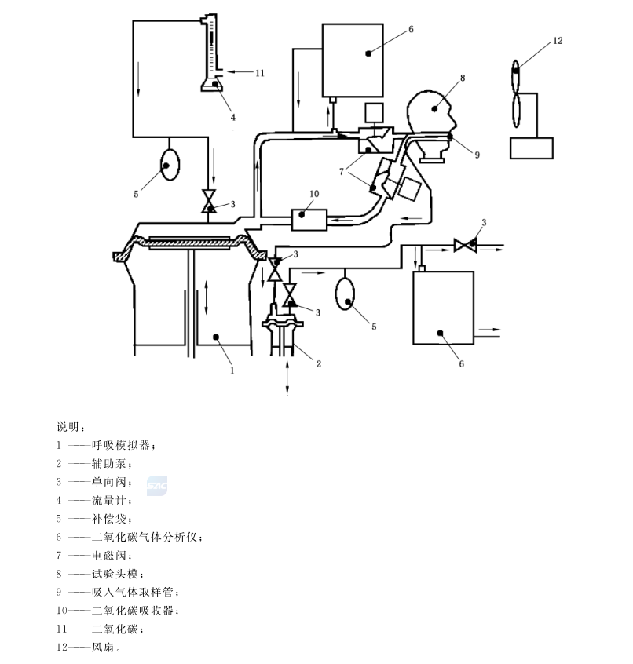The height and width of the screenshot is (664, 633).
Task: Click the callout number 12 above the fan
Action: point(557,41)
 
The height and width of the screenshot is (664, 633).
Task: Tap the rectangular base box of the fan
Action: point(531,148)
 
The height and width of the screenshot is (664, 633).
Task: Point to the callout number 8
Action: point(463,78)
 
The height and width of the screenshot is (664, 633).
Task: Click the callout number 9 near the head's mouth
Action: point(476,155)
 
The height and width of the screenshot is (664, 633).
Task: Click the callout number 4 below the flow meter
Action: point(232,118)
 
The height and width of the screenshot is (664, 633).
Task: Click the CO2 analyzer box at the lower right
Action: point(444,307)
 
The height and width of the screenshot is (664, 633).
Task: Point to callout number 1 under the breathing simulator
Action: point(232,367)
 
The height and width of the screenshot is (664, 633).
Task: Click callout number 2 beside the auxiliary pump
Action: point(319,363)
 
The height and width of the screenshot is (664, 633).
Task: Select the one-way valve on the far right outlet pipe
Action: point(467,246)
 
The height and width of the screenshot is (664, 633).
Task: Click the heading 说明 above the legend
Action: point(68,428)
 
